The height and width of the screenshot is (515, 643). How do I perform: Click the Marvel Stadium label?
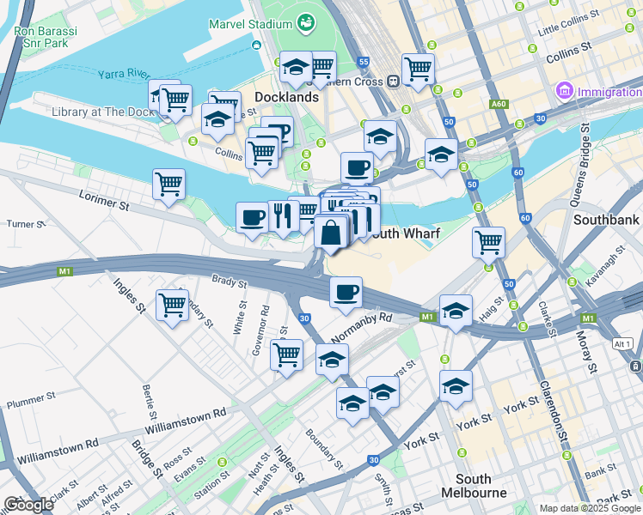tap(249, 23)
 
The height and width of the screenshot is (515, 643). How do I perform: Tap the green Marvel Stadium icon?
tap(304, 21)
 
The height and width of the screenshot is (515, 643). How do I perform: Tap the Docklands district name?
tap(286, 97)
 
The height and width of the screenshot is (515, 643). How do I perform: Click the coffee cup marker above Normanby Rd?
tap(346, 293)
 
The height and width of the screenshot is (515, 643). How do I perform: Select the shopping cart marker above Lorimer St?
tap(169, 184)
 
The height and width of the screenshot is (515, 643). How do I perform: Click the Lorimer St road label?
tap(106, 206)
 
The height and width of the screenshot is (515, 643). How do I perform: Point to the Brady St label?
tap(230, 281)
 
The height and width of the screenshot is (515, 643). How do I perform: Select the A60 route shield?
tap(499, 104)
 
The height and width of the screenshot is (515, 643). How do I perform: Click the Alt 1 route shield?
tap(623, 343)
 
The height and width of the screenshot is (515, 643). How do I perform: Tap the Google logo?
tap(28, 504)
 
